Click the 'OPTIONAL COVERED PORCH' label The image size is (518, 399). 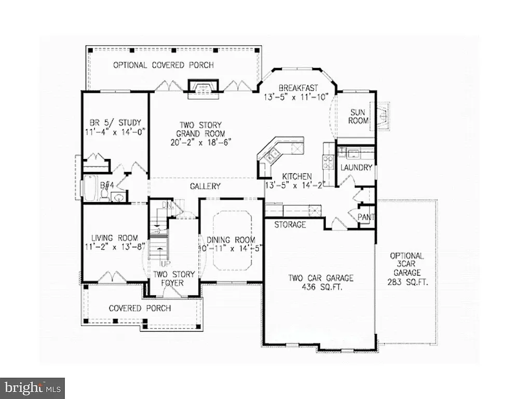click(x=163, y=65)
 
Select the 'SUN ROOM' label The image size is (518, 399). click(x=359, y=116)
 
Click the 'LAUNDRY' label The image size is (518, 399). click(x=356, y=168)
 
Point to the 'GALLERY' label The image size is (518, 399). click(x=205, y=186)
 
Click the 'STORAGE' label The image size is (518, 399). click(x=290, y=225)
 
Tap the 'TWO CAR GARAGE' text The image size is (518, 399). click(x=321, y=278)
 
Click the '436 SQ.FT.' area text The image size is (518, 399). click(x=321, y=287)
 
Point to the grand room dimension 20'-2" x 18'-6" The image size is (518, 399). click(x=201, y=141)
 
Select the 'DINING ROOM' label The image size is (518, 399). click(x=231, y=240)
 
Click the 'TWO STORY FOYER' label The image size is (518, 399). click(x=174, y=278)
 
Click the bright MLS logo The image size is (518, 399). click(x=32, y=388)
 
